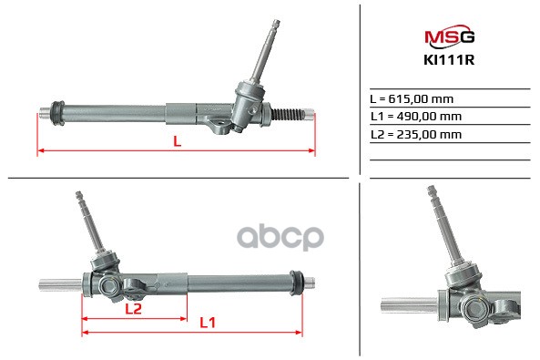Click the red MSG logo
click(450, 36)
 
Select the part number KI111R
click(449, 60)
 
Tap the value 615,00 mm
click(421, 99)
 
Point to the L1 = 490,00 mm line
click(416, 117)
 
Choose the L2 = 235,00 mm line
click(416, 134)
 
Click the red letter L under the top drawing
click(177, 141)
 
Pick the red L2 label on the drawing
click(133, 309)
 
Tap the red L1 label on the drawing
click(208, 323)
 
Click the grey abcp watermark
click(280, 238)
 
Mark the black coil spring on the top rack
click(289, 114)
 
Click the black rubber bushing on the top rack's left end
click(57, 113)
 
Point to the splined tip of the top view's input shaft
click(276, 25)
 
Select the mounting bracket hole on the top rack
click(219, 123)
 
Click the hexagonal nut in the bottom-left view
click(109, 285)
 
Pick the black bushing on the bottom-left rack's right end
click(297, 283)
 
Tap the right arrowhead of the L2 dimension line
click(184, 319)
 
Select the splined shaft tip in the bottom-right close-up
click(432, 190)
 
